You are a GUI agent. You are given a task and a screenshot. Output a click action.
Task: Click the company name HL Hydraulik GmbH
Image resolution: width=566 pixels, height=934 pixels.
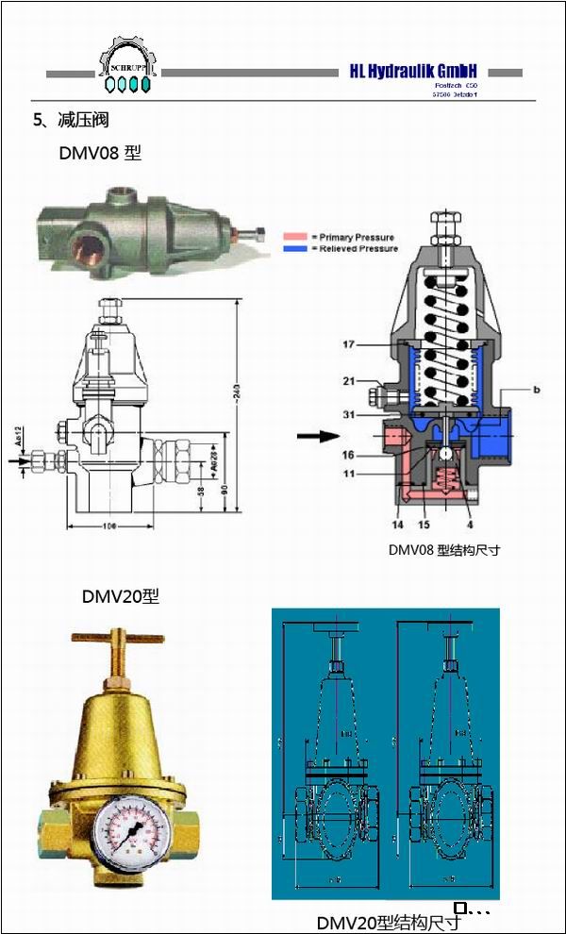[x=413, y=72]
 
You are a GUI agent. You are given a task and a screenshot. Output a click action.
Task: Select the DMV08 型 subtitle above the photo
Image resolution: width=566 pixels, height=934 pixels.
[x=100, y=152]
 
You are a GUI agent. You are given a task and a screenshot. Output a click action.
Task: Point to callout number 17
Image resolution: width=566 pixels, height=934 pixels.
[x=348, y=345]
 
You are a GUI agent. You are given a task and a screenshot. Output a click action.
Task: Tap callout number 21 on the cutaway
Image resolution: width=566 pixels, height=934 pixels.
[x=348, y=381]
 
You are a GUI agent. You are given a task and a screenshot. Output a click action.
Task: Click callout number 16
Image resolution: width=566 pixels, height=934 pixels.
[x=348, y=455]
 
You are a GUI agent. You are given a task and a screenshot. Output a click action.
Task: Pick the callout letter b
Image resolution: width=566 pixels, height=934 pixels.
[x=536, y=389]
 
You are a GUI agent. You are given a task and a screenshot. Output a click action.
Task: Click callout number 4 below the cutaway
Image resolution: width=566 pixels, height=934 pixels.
[x=469, y=523]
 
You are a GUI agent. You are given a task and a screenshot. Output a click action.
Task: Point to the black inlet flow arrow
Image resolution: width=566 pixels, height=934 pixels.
[x=317, y=436]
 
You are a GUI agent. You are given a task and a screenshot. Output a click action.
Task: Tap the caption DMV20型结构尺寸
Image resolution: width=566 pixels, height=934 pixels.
[x=388, y=922]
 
